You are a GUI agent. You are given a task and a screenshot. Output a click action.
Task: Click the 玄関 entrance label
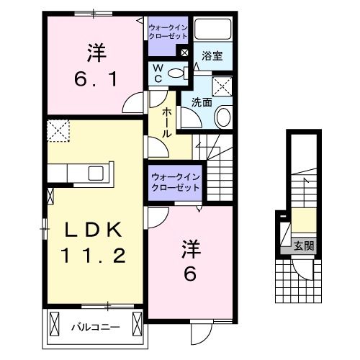(x=302, y=246)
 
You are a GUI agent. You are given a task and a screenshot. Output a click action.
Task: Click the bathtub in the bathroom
(x=212, y=31)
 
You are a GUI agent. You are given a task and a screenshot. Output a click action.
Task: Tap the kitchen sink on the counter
(x=95, y=174)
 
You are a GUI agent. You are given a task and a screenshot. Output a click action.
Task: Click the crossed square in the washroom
(x=223, y=86)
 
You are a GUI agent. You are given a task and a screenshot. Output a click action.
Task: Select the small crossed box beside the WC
(x=185, y=53)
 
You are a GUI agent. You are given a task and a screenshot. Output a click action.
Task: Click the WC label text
(x=156, y=73)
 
